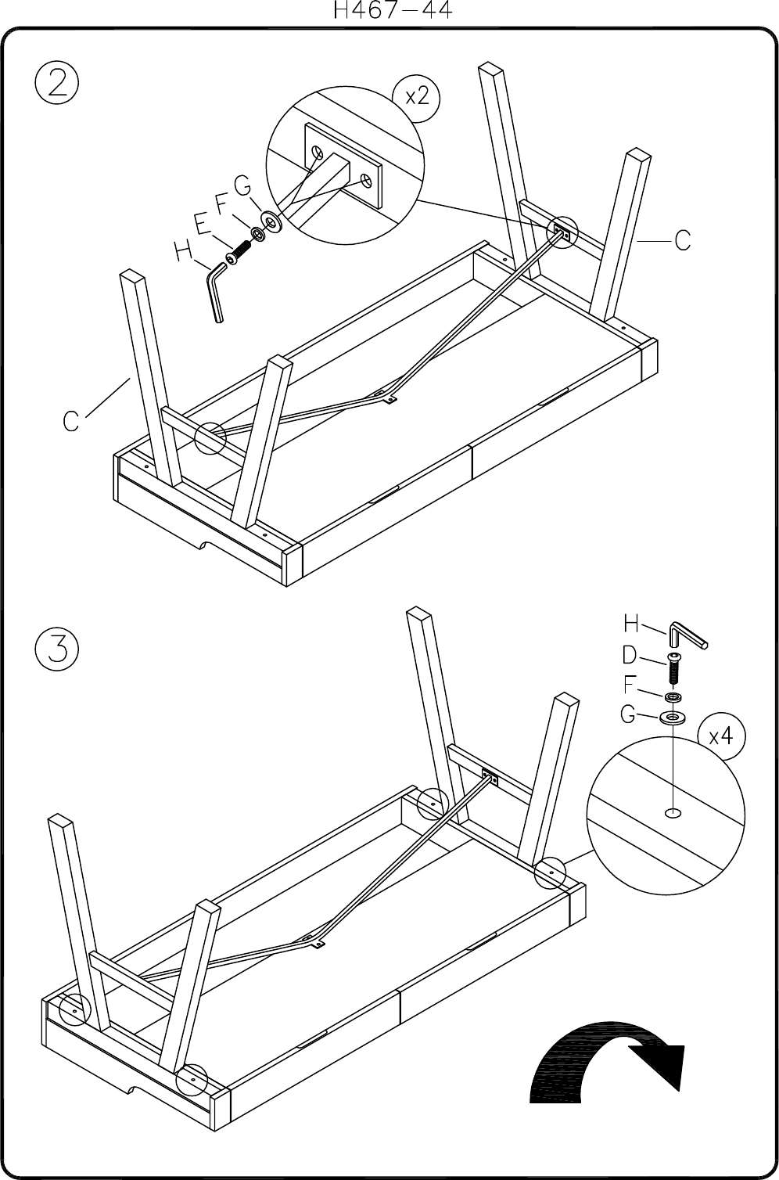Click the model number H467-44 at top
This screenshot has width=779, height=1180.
click(x=393, y=10)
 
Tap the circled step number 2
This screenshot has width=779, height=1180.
click(x=57, y=83)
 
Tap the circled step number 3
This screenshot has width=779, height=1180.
click(x=57, y=649)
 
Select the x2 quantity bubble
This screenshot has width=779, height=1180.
click(x=416, y=99)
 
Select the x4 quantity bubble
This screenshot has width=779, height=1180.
click(x=721, y=736)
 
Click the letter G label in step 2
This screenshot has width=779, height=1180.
click(x=242, y=185)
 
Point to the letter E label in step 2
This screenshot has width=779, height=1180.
click(x=203, y=224)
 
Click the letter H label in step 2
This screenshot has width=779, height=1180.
click(x=183, y=250)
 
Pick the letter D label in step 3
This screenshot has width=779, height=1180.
click(x=630, y=655)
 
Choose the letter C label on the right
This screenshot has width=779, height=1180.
click(x=683, y=241)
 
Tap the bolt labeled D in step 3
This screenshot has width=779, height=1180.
click(x=673, y=668)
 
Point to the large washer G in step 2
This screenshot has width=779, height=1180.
click(x=272, y=221)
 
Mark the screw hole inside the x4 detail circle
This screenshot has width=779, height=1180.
click(x=673, y=814)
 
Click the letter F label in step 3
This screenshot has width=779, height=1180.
click(x=629, y=685)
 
